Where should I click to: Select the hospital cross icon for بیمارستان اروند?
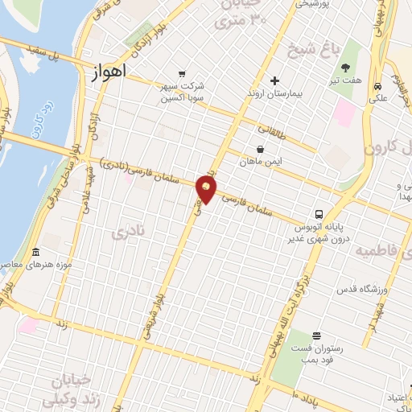click(x=274, y=80)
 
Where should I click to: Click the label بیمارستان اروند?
click(x=274, y=94)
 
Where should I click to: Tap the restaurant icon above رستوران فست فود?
click(x=316, y=335)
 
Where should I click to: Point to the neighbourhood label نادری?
click(x=129, y=232)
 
